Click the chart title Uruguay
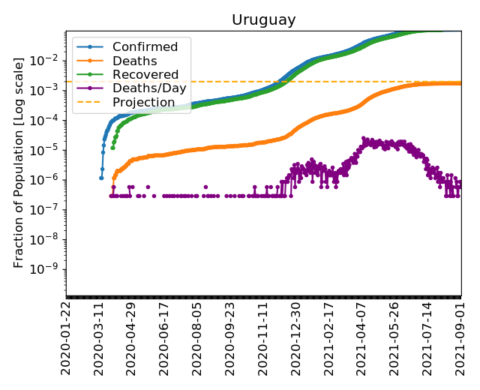263,19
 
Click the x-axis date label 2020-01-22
67,337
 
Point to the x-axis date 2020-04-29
132,337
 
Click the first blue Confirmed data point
101,178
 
